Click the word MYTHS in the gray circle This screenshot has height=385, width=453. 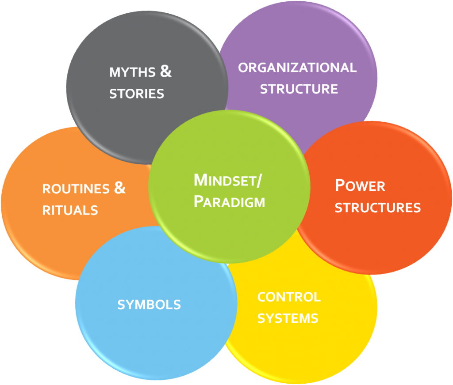point(132,72)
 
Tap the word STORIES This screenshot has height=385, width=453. point(136,94)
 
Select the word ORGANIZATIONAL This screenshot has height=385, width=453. point(297,68)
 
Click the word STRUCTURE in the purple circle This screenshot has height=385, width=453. point(299,89)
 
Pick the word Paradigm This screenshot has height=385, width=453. point(229,202)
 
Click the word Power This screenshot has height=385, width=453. point(360,185)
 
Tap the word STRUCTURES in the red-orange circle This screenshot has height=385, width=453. point(377,208)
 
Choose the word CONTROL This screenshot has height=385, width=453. point(289,297)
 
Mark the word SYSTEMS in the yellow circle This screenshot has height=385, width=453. point(288,318)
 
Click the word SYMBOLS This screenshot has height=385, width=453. point(149,305)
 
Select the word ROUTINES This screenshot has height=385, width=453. point(76,189)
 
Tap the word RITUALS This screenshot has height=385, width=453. point(70,210)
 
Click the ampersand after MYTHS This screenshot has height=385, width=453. point(165,71)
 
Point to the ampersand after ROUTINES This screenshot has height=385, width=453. point(120,188)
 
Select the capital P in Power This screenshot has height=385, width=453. point(340,185)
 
